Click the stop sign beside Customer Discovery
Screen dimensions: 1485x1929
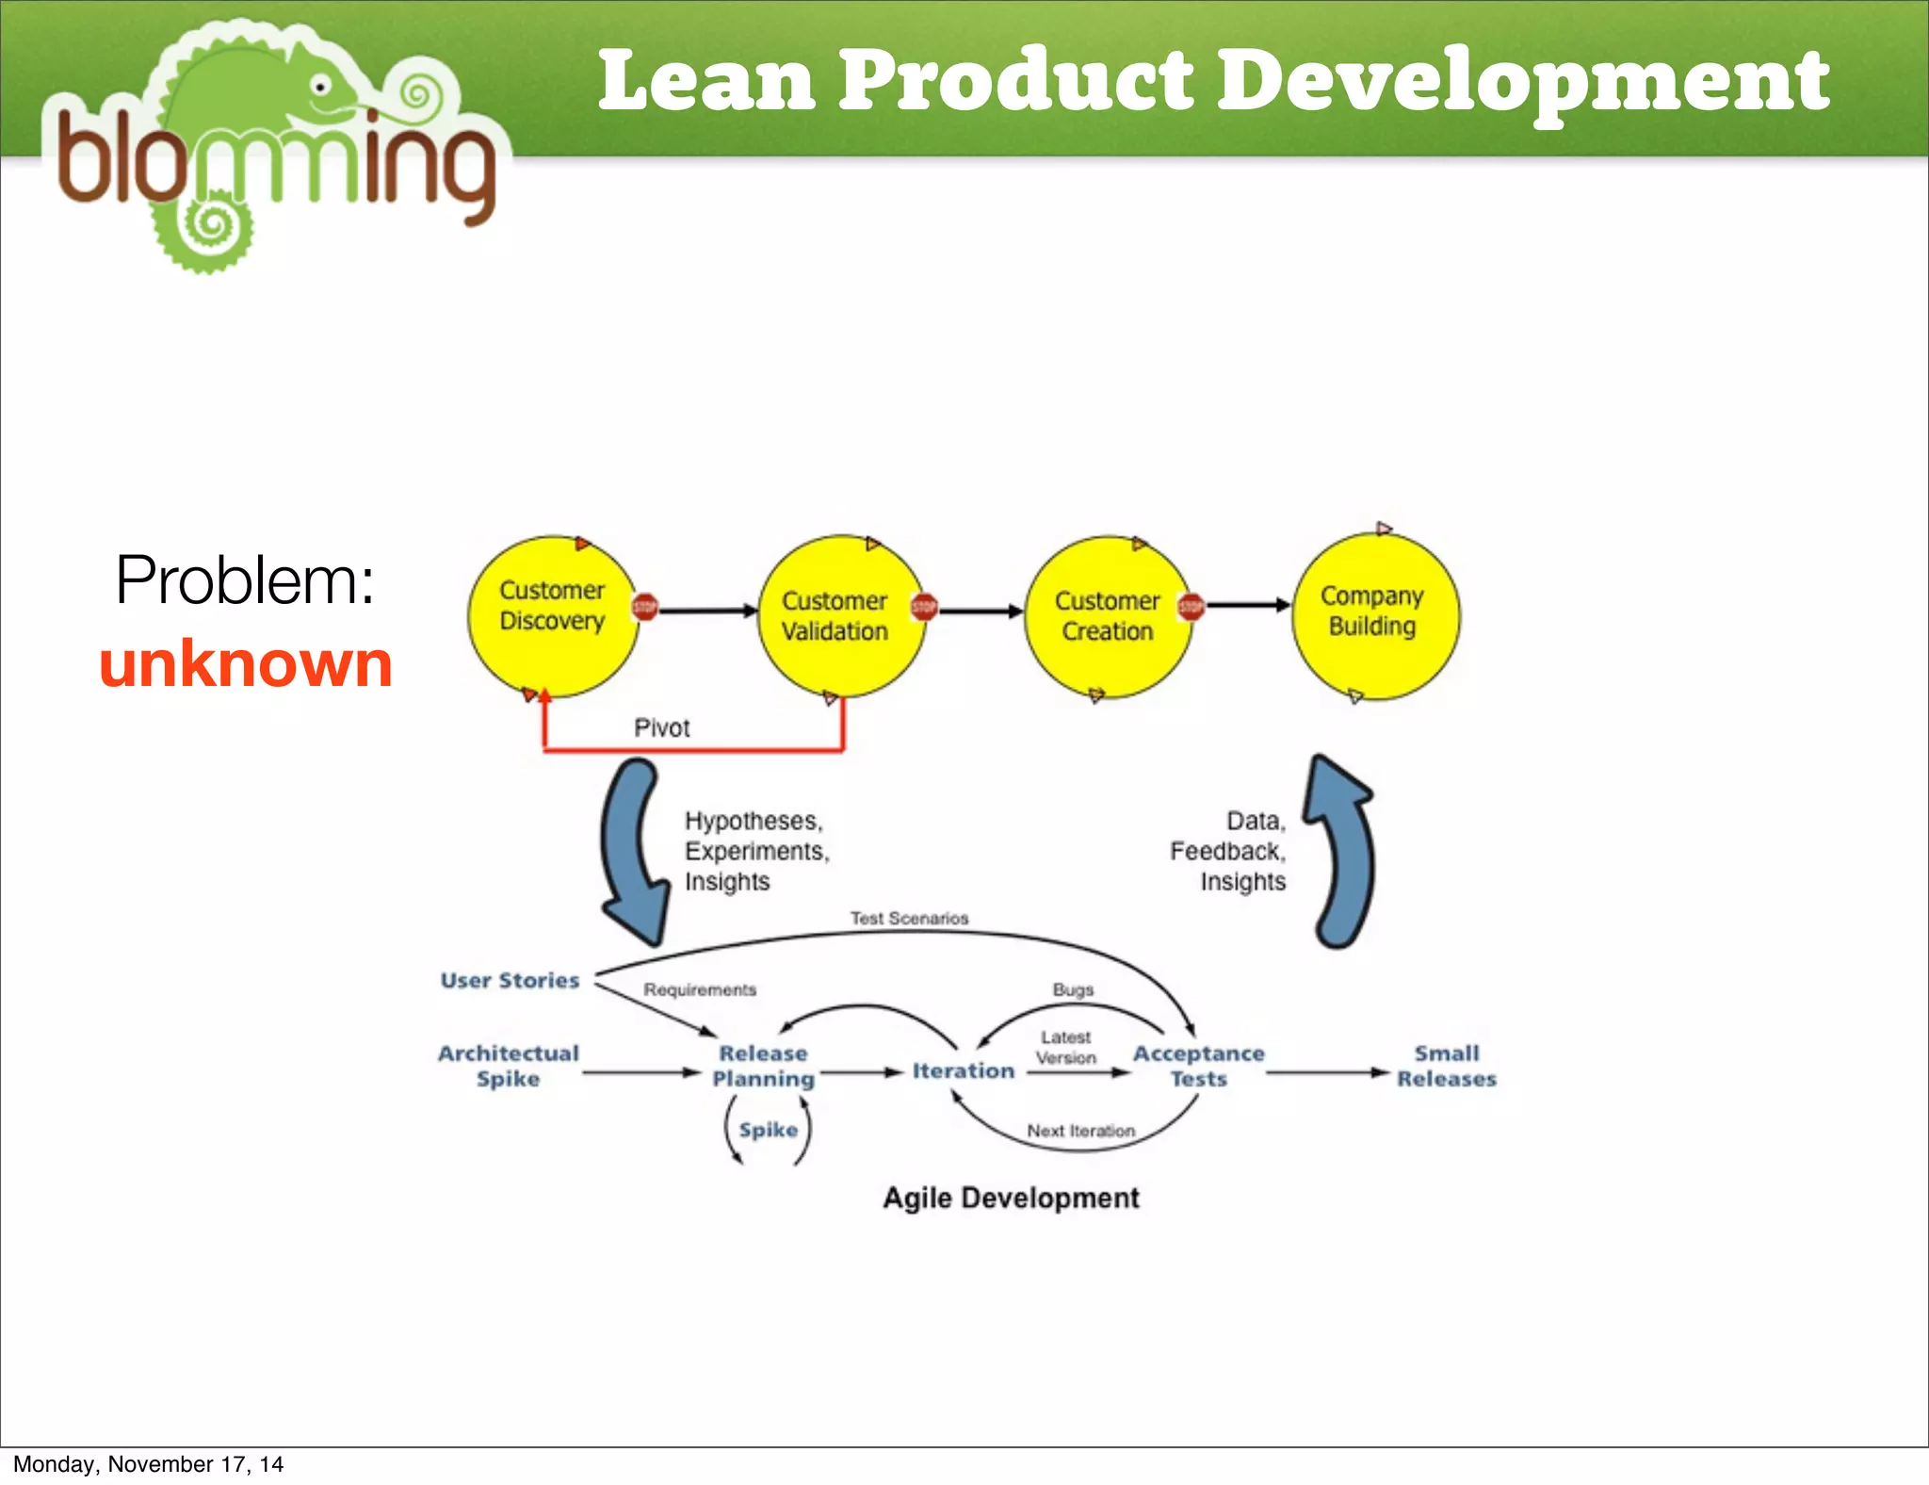tap(645, 608)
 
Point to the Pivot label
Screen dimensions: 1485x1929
tap(661, 727)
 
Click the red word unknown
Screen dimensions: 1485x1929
tap(246, 664)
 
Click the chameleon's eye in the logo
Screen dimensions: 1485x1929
tap(321, 88)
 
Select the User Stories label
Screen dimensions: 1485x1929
tap(510, 980)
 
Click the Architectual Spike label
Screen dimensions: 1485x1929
tap(509, 1066)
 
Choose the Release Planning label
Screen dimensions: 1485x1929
tap(763, 1066)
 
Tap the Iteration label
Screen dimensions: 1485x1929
tap(963, 1070)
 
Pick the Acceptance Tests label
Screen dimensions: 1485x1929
tap(1198, 1066)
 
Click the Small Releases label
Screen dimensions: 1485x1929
tap(1447, 1066)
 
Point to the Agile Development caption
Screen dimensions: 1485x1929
tap(1011, 1198)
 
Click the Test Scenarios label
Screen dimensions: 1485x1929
tap(909, 918)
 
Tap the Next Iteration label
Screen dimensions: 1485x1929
tap(1080, 1130)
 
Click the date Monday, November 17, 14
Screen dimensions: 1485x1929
tap(148, 1463)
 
